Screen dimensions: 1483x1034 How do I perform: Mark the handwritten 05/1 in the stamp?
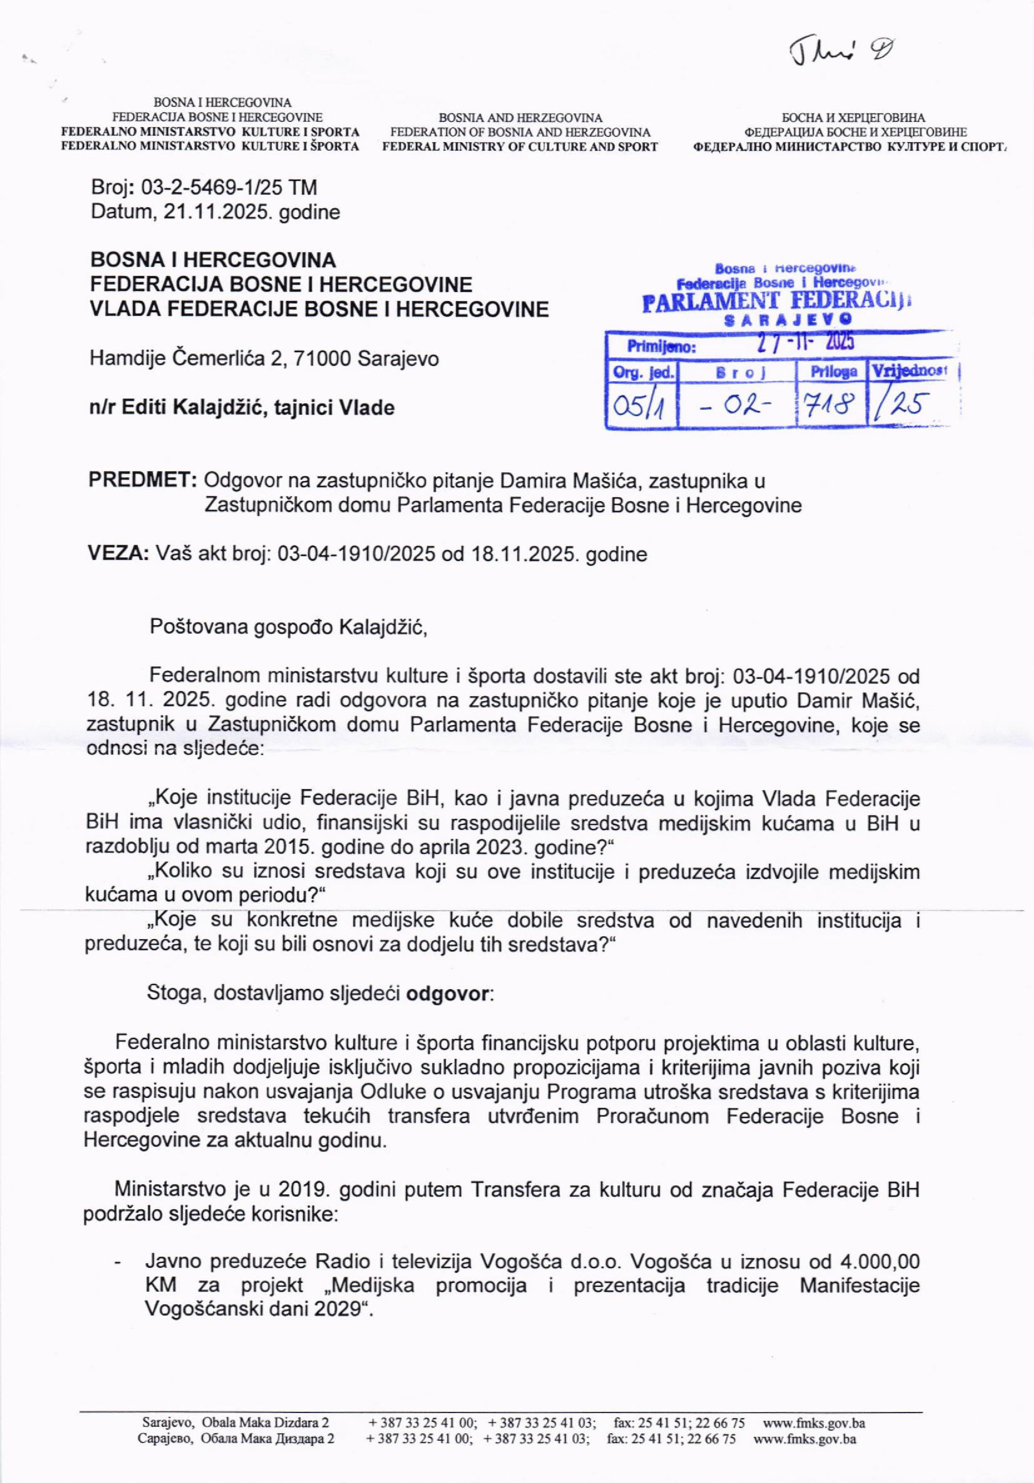(640, 406)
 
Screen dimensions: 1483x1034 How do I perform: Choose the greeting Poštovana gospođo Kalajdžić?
(288, 626)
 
